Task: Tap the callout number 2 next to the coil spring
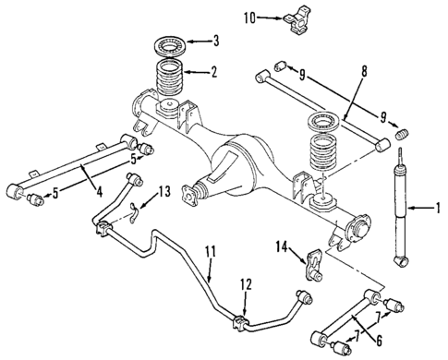214,71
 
